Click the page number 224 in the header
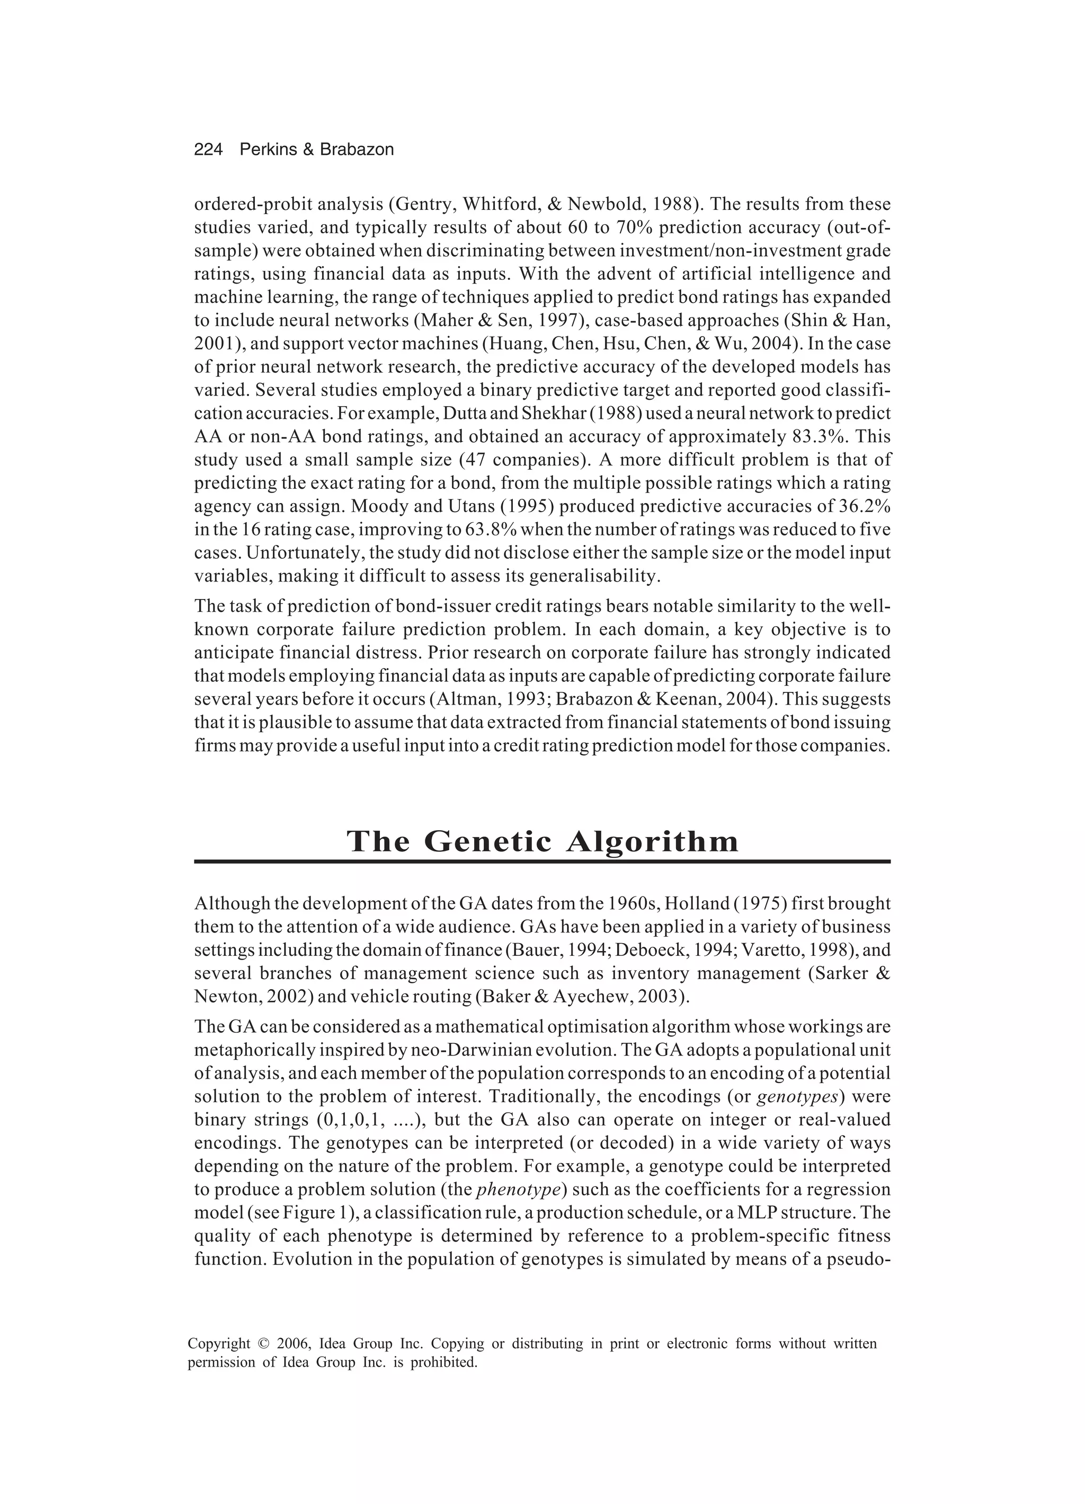point(208,150)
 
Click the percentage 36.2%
point(862,507)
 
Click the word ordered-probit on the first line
point(246,204)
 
